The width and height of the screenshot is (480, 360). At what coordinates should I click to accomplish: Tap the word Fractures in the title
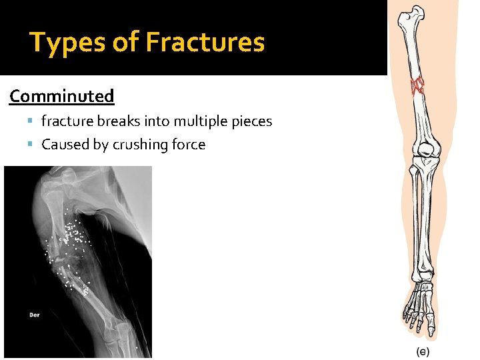tap(205, 43)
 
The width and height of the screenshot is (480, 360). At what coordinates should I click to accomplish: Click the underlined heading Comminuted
tap(62, 96)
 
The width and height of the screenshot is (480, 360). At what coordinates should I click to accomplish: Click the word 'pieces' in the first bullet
tap(252, 121)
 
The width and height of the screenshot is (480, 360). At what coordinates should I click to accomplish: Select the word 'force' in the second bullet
tap(189, 145)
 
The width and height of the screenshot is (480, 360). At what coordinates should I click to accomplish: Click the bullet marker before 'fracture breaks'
tap(33, 121)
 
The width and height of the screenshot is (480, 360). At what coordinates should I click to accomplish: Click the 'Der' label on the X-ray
tap(34, 314)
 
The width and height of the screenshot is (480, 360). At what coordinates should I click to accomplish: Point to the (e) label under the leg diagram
tap(423, 351)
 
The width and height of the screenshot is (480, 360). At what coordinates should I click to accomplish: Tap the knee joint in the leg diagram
tap(424, 155)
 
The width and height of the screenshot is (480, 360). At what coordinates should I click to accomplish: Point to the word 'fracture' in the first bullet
tap(69, 121)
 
